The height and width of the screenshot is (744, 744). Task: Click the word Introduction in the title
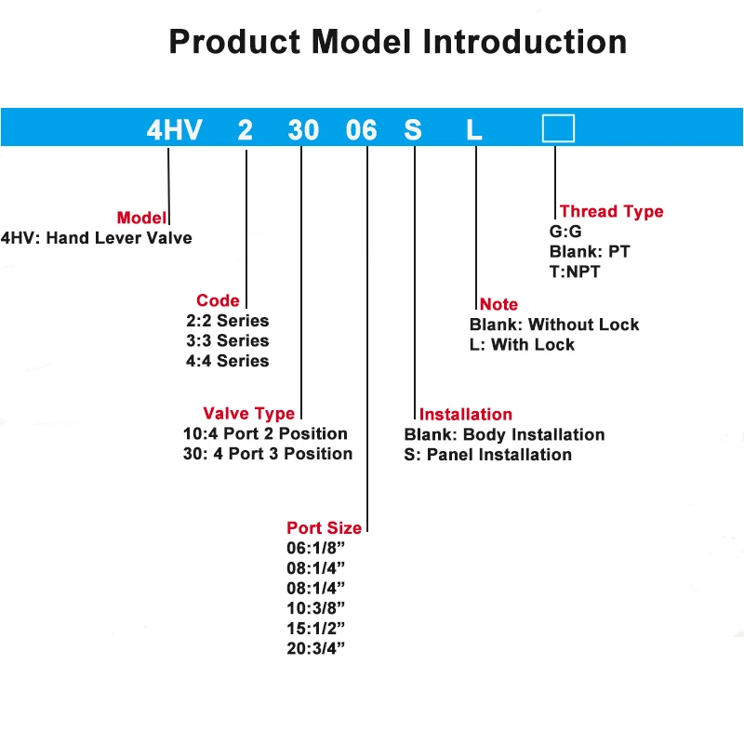[x=525, y=42]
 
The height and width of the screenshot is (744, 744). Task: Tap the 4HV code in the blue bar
[x=174, y=130]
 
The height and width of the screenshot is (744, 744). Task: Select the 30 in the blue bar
[x=303, y=130]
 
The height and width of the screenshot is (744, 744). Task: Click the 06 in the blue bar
[x=361, y=130]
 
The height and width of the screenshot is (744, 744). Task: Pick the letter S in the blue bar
[x=413, y=130]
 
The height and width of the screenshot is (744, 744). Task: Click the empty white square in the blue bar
[x=558, y=128]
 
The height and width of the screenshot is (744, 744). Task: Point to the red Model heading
[x=140, y=218]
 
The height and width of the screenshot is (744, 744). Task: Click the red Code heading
[x=218, y=300]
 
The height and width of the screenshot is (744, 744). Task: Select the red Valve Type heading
[x=248, y=414]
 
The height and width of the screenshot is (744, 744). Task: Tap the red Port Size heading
[x=324, y=528]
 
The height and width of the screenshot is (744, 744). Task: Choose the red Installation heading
[x=465, y=415]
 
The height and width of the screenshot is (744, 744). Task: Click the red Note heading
[x=498, y=304]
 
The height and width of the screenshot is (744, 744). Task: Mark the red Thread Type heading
[x=611, y=211]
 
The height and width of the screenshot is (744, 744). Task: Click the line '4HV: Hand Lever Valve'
[x=97, y=238]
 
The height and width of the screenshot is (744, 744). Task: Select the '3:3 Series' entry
[x=228, y=341]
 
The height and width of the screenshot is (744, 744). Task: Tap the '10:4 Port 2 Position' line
[x=266, y=434]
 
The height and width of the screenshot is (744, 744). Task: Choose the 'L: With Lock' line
[x=522, y=345]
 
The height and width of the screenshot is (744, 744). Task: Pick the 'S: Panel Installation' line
[x=488, y=455]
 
